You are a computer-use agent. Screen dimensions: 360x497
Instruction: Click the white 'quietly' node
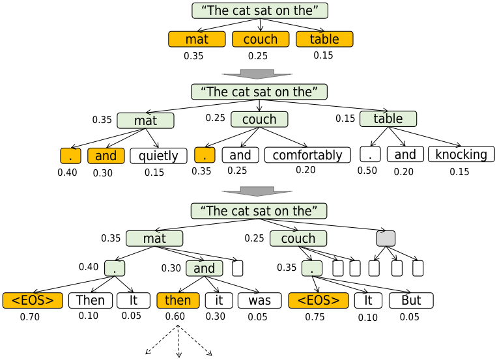pos(158,156)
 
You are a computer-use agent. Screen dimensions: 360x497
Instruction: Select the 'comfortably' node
pos(307,155)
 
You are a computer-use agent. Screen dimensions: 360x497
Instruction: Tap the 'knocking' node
pos(461,154)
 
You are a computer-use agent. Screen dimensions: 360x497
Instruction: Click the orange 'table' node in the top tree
pos(324,39)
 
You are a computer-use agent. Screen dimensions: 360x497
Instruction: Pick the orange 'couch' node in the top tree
pos(261,39)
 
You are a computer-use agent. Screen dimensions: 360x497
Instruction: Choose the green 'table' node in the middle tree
pos(388,118)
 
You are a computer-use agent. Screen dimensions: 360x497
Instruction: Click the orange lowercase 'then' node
pos(178,300)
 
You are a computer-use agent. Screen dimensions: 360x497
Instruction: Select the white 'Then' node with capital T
pos(91,300)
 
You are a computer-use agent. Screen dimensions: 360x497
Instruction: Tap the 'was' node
pos(259,300)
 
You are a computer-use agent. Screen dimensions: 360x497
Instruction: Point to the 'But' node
pos(411,300)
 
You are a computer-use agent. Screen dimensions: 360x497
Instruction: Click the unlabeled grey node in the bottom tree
pos(386,238)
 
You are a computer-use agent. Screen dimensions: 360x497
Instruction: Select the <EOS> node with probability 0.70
pos(33,300)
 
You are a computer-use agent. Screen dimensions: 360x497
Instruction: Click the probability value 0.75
pos(315,317)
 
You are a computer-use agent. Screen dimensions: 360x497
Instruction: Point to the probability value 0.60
pos(175,317)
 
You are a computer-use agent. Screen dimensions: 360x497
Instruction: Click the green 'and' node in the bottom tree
pos(205,268)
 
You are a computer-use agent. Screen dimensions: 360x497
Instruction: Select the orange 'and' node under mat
pos(106,156)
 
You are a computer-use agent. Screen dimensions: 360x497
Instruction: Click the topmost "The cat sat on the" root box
pos(260,10)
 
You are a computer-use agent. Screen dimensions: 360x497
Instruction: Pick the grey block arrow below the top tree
pos(257,73)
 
